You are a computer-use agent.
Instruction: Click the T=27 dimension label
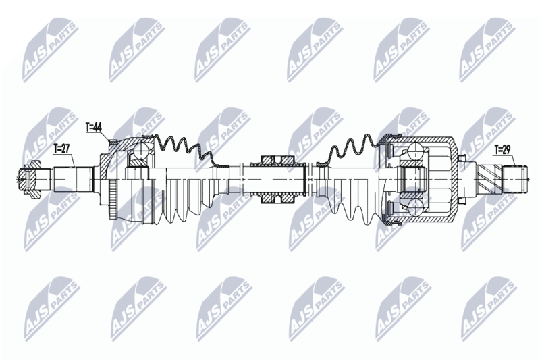tap(62, 149)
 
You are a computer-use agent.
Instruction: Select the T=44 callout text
tap(93, 127)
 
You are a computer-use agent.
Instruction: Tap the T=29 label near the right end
tap(502, 149)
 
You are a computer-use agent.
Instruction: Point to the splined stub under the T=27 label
tap(73, 180)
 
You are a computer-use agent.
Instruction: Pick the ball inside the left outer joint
tap(141, 150)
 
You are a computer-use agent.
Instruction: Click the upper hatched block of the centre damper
tap(277, 161)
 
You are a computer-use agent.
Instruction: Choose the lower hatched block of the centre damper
tap(277, 199)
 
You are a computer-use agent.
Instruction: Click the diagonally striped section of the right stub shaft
tap(489, 180)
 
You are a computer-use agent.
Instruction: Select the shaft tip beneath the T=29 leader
tap(515, 179)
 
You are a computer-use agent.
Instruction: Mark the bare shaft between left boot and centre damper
tap(240, 180)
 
